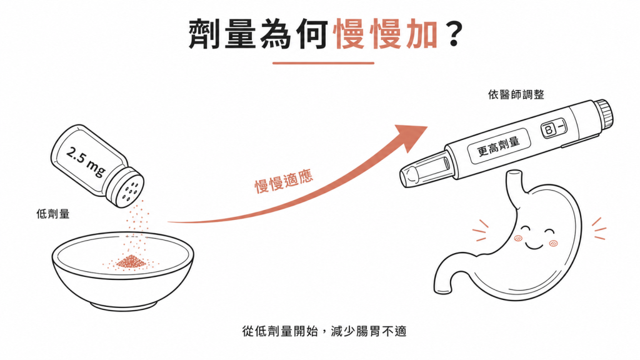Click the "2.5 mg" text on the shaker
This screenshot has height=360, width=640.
(x=86, y=162)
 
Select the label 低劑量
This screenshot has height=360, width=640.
(x=53, y=214)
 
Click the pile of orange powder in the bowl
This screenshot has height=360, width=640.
(x=131, y=262)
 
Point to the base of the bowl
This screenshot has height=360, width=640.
(x=122, y=304)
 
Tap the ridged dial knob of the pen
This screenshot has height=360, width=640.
(x=603, y=115)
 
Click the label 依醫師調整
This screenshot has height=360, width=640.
(x=516, y=95)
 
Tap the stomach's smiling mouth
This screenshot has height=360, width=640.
(x=534, y=246)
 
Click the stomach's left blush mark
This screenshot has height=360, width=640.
(x=518, y=238)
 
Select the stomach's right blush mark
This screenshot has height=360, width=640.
(x=554, y=244)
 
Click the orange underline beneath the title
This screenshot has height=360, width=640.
(x=323, y=63)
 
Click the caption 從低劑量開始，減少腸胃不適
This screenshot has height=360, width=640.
(x=324, y=331)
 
